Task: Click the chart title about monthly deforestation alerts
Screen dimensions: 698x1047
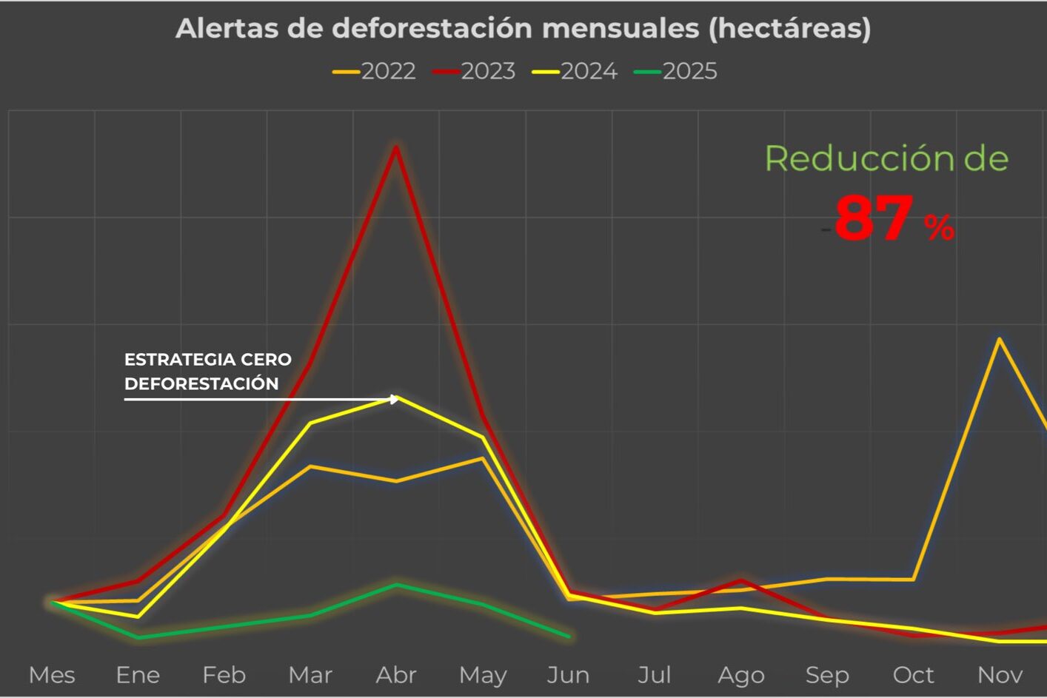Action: click(523, 28)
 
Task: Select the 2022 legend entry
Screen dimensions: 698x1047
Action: click(375, 71)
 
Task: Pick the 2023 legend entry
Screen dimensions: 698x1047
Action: click(475, 71)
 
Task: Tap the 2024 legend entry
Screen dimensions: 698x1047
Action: click(575, 71)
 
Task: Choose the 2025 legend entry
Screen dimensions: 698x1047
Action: click(677, 71)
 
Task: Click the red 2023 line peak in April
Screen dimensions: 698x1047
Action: click(397, 147)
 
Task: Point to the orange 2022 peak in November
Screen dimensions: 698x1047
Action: click(1000, 339)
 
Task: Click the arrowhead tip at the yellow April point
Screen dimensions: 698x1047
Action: click(398, 399)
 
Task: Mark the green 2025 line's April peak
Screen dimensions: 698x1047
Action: click(397, 585)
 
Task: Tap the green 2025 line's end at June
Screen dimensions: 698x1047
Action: click(569, 636)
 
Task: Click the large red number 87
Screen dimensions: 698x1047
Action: click(874, 218)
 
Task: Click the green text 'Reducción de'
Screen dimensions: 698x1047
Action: click(886, 158)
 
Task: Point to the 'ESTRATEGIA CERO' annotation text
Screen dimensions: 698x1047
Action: click(208, 360)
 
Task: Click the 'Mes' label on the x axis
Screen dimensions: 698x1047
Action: click(52, 675)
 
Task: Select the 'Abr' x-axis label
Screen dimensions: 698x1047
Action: click(396, 675)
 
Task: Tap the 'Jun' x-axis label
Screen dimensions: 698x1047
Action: click(568, 675)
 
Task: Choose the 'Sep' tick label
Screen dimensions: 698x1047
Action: click(827, 675)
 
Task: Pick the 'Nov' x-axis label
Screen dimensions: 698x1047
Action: click(1000, 675)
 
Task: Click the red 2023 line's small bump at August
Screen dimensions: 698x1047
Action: click(740, 580)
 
